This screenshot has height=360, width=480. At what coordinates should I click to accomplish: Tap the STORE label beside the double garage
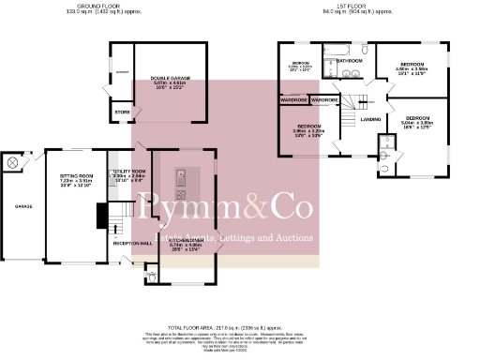pyautogui.click(x=123, y=112)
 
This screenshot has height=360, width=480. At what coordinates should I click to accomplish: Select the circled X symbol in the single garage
pyautogui.click(x=12, y=163)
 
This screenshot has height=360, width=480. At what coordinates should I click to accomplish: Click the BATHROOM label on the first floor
pyautogui.click(x=350, y=60)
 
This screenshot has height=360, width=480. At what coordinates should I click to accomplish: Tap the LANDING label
pyautogui.click(x=370, y=119)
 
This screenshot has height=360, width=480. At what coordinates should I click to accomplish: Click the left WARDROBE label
pyautogui.click(x=292, y=99)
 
